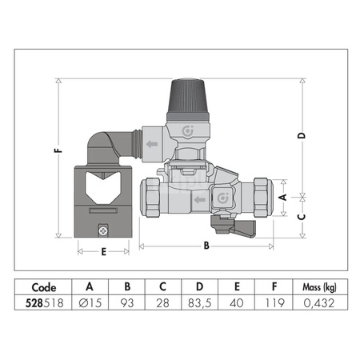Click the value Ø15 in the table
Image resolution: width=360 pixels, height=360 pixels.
(89, 305)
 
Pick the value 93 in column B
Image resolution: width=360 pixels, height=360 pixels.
(126, 305)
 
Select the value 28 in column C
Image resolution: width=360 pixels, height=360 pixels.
(164, 305)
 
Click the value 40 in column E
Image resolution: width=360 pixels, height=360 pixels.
(238, 305)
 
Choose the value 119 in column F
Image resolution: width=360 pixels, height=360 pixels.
(275, 305)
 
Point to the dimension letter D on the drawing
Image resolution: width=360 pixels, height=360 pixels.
(302, 135)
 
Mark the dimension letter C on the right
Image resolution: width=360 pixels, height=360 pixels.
(302, 217)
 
